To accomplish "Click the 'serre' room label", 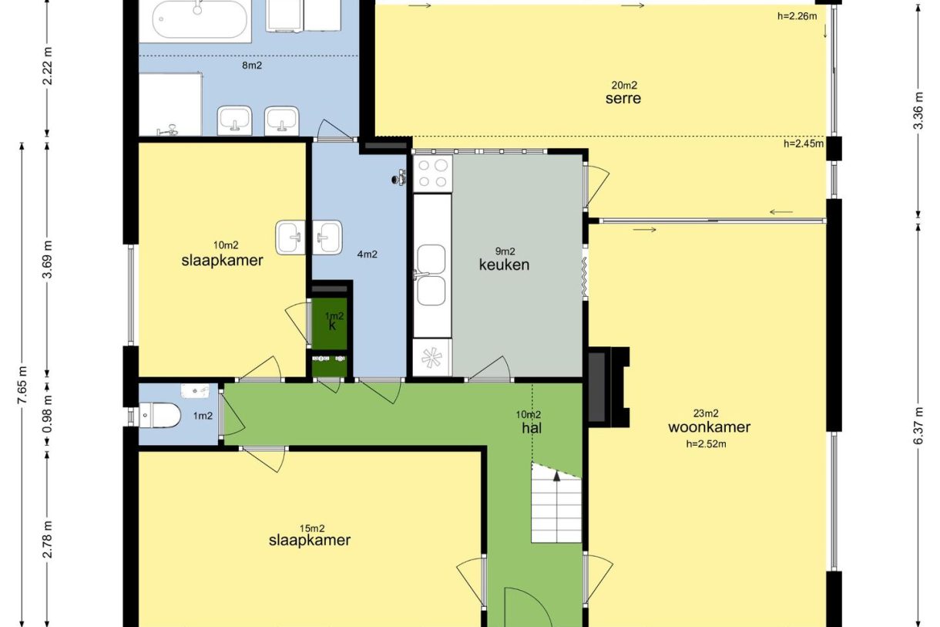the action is tap(623, 98).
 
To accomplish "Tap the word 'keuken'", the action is tap(504, 265).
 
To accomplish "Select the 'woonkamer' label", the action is tap(709, 427).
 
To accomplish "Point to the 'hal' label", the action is tap(532, 428).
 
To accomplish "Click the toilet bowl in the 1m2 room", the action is tap(159, 415).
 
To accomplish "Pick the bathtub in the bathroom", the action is tap(200, 20).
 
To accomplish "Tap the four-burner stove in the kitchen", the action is tap(433, 174).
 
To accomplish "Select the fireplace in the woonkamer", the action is tap(609, 387).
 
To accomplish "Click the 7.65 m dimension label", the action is tap(22, 385).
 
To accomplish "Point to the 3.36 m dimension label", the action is tap(918, 110).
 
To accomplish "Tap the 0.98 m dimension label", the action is tap(48, 414).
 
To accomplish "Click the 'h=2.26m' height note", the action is tap(797, 16).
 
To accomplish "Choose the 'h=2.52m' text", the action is tap(706, 444).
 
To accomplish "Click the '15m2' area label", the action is tap(312, 528).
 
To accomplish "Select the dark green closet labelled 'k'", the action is tap(330, 323).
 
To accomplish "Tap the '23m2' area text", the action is tap(706, 413).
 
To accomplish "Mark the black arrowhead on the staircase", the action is tap(556, 476).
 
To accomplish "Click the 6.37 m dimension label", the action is tap(918, 426).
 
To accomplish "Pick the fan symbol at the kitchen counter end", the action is tap(431, 358).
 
